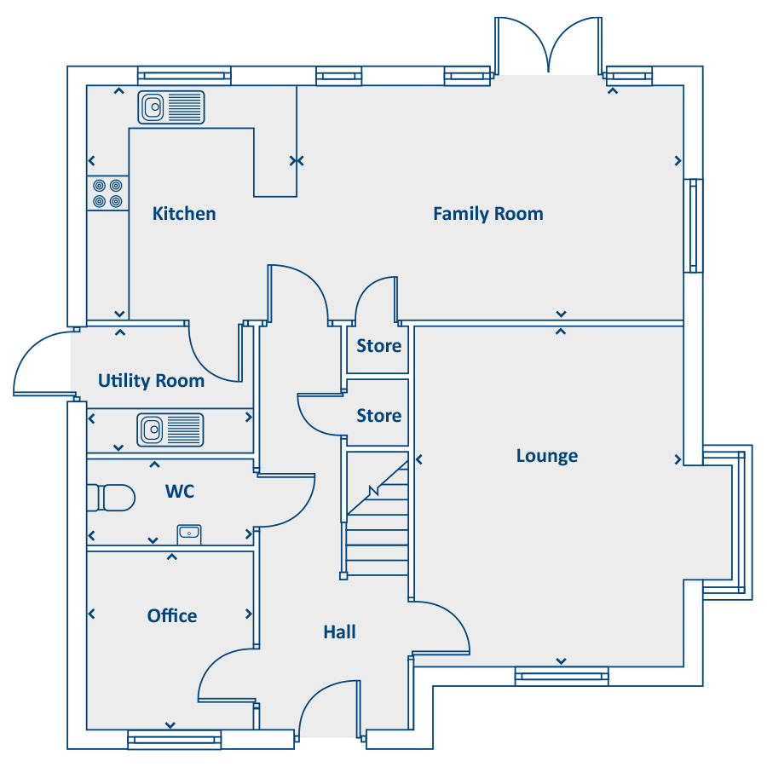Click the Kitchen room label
pyautogui.click(x=184, y=214)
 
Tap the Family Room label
pyautogui.click(x=488, y=214)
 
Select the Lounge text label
pyautogui.click(x=547, y=456)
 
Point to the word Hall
pyautogui.click(x=339, y=632)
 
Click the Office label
pyautogui.click(x=172, y=616)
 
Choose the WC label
pyautogui.click(x=180, y=491)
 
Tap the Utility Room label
pyautogui.click(x=151, y=381)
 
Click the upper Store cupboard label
pyautogui.click(x=378, y=346)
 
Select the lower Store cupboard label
pyautogui.click(x=378, y=416)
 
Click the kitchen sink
pyautogui.click(x=171, y=107)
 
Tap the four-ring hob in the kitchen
pyautogui.click(x=107, y=193)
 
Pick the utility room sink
pyautogui.click(x=170, y=430)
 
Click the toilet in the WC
pyautogui.click(x=111, y=498)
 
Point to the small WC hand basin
pyautogui.click(x=189, y=534)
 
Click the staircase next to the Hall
pyautogui.click(x=378, y=514)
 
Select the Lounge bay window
pyautogui.click(x=727, y=522)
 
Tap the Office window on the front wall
pyautogui.click(x=174, y=739)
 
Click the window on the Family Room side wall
pyautogui.click(x=693, y=226)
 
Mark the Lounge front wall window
pyautogui.click(x=562, y=676)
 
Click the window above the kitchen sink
pyautogui.click(x=184, y=76)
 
